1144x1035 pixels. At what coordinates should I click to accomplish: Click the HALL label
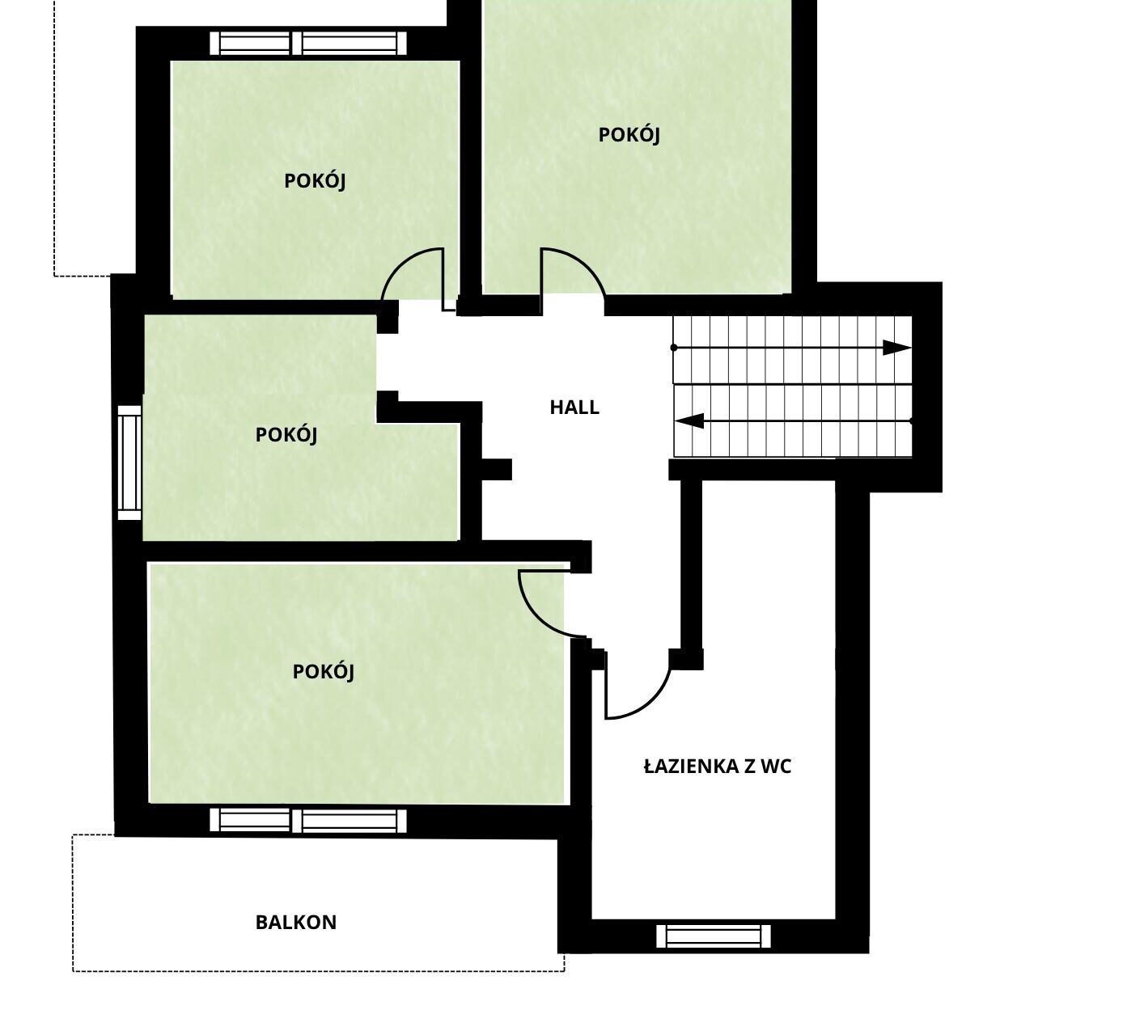[x=574, y=408]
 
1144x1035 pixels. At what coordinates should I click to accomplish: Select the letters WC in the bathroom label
[x=776, y=767]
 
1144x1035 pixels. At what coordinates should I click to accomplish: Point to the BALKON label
[x=296, y=922]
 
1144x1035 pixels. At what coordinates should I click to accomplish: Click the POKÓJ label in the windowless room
[x=629, y=135]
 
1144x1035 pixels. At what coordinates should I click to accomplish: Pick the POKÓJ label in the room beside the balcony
[x=324, y=672]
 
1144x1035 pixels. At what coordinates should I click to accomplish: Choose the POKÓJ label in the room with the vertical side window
[x=286, y=434]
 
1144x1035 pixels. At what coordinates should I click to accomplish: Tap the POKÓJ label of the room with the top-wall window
[x=315, y=181]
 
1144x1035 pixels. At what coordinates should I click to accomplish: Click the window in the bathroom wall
[x=714, y=936]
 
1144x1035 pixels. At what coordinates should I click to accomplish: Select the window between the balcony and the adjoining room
[x=308, y=820]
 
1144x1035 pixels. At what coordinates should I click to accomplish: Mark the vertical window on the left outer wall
[x=129, y=463]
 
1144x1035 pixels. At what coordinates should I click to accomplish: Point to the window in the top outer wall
[x=308, y=44]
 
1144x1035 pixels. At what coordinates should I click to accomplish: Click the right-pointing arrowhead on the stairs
[x=896, y=347]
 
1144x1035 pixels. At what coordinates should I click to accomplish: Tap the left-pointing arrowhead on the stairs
[x=689, y=421]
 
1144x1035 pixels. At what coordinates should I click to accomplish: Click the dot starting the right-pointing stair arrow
[x=674, y=347]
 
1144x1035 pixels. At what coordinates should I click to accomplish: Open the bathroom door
[x=638, y=684]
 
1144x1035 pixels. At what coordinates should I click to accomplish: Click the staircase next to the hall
[x=793, y=387]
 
